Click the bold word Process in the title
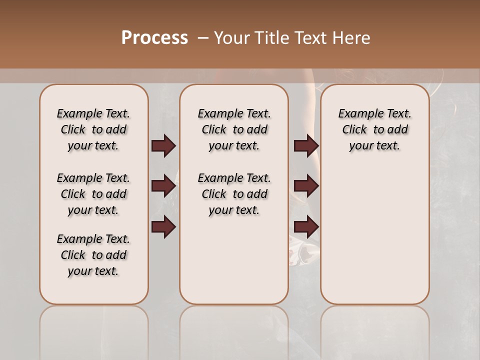coord(154,37)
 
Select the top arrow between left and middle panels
coord(163,145)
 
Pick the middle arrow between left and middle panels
coord(163,186)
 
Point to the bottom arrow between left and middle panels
coord(163,227)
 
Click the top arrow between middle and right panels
coord(306,145)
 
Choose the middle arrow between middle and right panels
coord(306,186)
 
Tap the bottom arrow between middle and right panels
coord(306,227)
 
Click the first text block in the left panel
coord(93,129)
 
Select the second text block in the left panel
coord(93,194)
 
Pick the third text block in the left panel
coord(93,255)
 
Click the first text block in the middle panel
coord(234,129)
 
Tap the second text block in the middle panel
coord(234,194)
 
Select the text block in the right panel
coord(374,129)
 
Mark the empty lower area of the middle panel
coord(234,260)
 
